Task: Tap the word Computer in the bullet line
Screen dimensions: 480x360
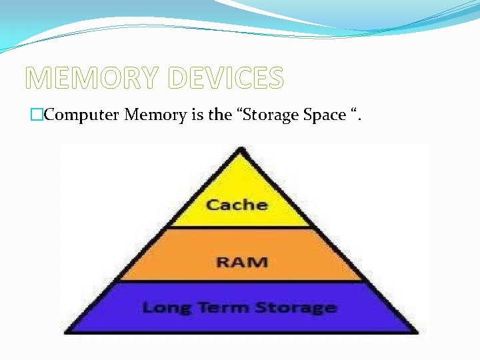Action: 82,115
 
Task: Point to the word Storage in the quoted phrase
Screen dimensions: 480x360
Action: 272,115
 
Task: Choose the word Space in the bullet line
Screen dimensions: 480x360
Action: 324,115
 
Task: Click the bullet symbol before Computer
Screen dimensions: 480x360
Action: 37,115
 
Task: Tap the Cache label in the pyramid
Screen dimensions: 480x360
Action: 237,204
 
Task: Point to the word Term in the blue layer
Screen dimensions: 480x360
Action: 212,307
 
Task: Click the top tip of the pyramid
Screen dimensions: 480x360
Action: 240,149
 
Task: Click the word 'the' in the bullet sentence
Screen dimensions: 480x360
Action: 219,115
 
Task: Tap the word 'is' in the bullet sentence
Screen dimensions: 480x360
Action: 198,115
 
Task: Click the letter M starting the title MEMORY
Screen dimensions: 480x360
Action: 39,79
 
